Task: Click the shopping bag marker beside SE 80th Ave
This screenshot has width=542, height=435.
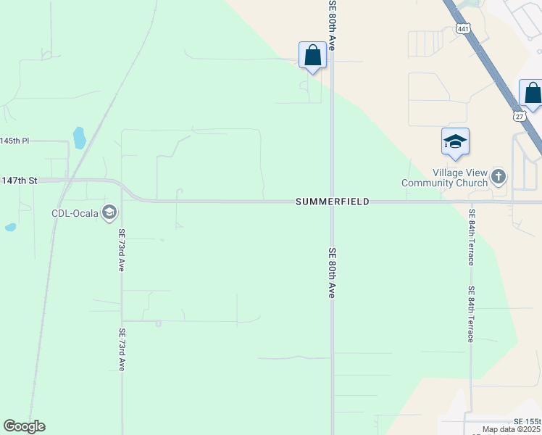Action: pyautogui.click(x=312, y=56)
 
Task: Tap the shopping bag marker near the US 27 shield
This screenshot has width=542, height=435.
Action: pyautogui.click(x=533, y=94)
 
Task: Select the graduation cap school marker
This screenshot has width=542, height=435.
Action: pyautogui.click(x=455, y=141)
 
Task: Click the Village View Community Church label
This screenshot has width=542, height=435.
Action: pyautogui.click(x=460, y=178)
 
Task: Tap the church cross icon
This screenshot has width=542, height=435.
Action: pyautogui.click(x=499, y=176)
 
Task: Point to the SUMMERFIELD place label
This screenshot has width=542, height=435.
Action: pyautogui.click(x=333, y=202)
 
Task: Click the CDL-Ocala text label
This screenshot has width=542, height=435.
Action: pyautogui.click(x=75, y=212)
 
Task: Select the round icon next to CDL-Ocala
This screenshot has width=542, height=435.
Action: pyautogui.click(x=109, y=212)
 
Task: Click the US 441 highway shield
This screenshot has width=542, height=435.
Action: pyautogui.click(x=462, y=28)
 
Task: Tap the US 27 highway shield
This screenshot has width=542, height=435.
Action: pyautogui.click(x=518, y=116)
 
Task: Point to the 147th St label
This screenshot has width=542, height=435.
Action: pyautogui.click(x=19, y=180)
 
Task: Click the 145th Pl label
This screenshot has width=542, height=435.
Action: pyautogui.click(x=14, y=141)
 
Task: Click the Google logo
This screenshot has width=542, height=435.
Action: pyautogui.click(x=24, y=426)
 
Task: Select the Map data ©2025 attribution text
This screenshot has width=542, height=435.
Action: pyautogui.click(x=512, y=429)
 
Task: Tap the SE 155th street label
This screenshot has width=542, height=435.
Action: pyautogui.click(x=527, y=421)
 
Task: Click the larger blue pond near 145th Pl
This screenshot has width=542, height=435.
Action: pyautogui.click(x=79, y=137)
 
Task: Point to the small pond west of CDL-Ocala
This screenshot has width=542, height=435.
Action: pyautogui.click(x=10, y=227)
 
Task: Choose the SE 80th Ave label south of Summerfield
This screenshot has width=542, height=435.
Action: pyautogui.click(x=332, y=273)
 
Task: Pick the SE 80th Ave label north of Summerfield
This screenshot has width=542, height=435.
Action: pyautogui.click(x=333, y=24)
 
